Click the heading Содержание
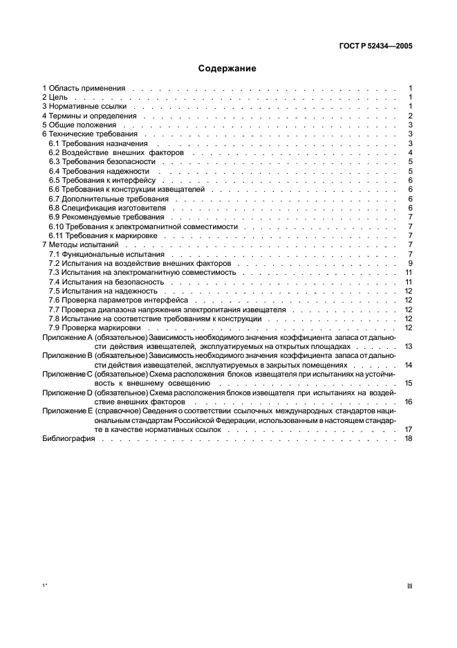(x=227, y=69)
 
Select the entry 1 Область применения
(x=84, y=89)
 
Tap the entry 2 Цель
(x=55, y=98)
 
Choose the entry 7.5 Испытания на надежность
(x=101, y=291)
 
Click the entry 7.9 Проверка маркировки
(x=90, y=327)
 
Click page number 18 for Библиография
(x=409, y=438)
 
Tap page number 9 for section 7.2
(x=411, y=263)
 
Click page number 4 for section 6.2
(x=411, y=152)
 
